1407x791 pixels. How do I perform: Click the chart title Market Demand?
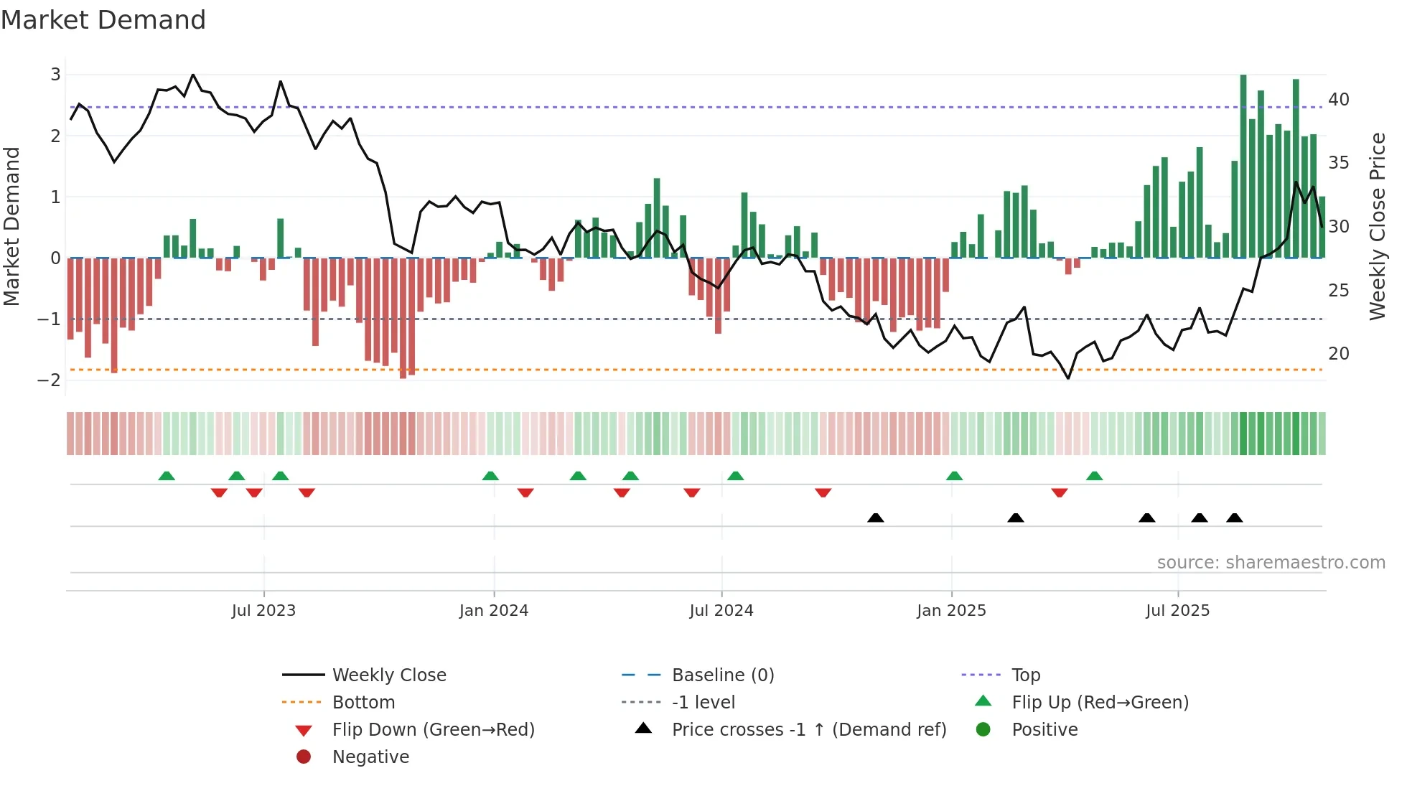103,20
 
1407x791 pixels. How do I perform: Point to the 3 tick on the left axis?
55,75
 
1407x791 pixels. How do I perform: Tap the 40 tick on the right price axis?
1338,100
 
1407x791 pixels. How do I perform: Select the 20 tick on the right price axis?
1338,354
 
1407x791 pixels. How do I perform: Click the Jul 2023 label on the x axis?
263,611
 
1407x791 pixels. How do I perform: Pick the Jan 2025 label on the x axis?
951,611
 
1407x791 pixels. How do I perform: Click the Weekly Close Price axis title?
1377,226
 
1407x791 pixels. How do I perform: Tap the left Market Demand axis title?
12,226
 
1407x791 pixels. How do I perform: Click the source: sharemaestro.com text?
1271,563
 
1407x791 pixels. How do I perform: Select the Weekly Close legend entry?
389,675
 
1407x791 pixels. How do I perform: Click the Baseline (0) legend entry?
722,675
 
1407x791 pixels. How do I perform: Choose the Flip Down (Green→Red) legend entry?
433,730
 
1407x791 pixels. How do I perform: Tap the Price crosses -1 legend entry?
809,730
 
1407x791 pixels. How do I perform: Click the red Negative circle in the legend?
304,757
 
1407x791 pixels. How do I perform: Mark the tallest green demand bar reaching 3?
1243,165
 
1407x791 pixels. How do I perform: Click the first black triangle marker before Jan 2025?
875,518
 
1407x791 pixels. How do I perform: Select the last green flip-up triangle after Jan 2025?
1094,476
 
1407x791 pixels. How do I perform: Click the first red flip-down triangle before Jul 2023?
219,492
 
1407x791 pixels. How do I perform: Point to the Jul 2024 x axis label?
721,611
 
